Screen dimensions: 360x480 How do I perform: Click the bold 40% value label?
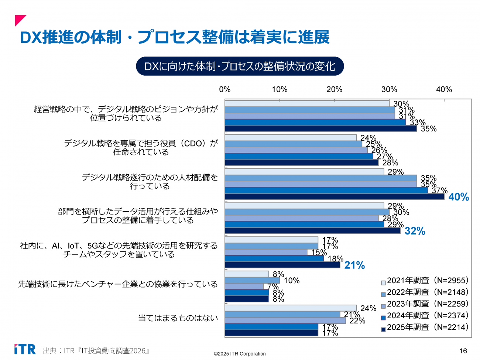[x=459, y=197]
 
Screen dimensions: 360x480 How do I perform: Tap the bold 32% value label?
[x=415, y=231]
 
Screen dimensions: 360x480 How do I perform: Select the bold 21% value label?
[x=354, y=265]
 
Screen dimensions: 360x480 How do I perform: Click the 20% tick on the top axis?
[x=334, y=89]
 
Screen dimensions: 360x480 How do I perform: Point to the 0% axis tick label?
[x=225, y=89]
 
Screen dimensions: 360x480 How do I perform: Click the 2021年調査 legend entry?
[x=425, y=281]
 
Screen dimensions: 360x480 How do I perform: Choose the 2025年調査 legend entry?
[x=425, y=327]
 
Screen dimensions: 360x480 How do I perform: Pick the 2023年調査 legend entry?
[x=425, y=304]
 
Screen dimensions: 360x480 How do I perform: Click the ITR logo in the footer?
[x=25, y=349]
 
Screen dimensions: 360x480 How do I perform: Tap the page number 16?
[x=463, y=351]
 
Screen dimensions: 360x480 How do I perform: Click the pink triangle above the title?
[x=20, y=20]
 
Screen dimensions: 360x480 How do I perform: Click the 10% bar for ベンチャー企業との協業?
[x=252, y=281]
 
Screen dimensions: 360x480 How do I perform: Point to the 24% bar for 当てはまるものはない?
[x=291, y=308]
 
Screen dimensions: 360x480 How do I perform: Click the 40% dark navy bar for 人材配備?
[x=334, y=197]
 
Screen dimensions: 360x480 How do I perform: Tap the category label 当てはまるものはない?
[x=178, y=318]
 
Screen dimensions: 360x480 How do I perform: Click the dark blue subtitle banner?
[x=240, y=66]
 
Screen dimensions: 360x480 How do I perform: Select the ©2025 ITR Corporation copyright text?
[x=240, y=354]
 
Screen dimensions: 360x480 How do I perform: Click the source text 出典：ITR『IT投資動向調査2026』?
[x=96, y=351]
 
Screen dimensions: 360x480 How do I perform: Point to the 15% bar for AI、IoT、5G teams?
[x=266, y=253]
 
